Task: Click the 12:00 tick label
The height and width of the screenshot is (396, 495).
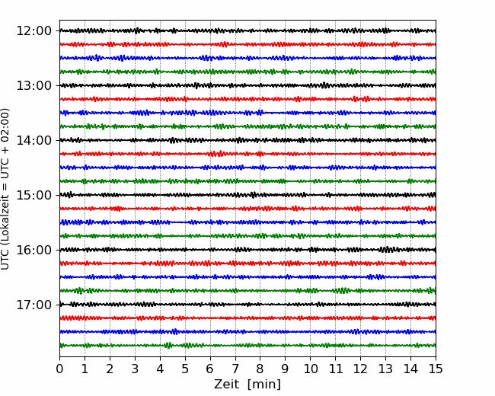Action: click(34, 31)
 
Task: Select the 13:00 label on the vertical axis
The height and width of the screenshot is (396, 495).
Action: click(34, 85)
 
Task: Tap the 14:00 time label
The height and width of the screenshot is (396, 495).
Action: click(34, 140)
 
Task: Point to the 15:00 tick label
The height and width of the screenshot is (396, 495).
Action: click(34, 195)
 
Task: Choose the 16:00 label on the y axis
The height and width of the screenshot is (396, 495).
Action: click(34, 250)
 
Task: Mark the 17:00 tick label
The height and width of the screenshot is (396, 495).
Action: click(34, 305)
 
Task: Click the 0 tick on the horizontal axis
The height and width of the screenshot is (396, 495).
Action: click(59, 369)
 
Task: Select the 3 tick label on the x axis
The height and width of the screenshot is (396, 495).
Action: click(135, 369)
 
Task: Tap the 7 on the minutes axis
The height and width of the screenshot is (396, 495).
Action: click(235, 369)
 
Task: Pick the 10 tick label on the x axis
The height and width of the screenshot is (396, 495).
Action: click(310, 369)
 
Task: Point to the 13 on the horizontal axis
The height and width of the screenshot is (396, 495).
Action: click(385, 369)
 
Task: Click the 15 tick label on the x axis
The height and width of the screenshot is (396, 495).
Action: click(436, 369)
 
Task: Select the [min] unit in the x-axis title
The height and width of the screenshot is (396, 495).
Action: click(264, 385)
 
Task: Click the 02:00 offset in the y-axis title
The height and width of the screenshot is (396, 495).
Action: click(5, 120)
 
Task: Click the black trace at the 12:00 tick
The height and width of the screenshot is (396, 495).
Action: click(247, 30)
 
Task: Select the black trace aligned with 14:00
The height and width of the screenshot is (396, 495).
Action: click(247, 140)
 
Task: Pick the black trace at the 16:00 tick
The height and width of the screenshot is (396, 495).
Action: click(247, 250)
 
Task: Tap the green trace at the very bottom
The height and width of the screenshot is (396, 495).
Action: click(247, 346)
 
